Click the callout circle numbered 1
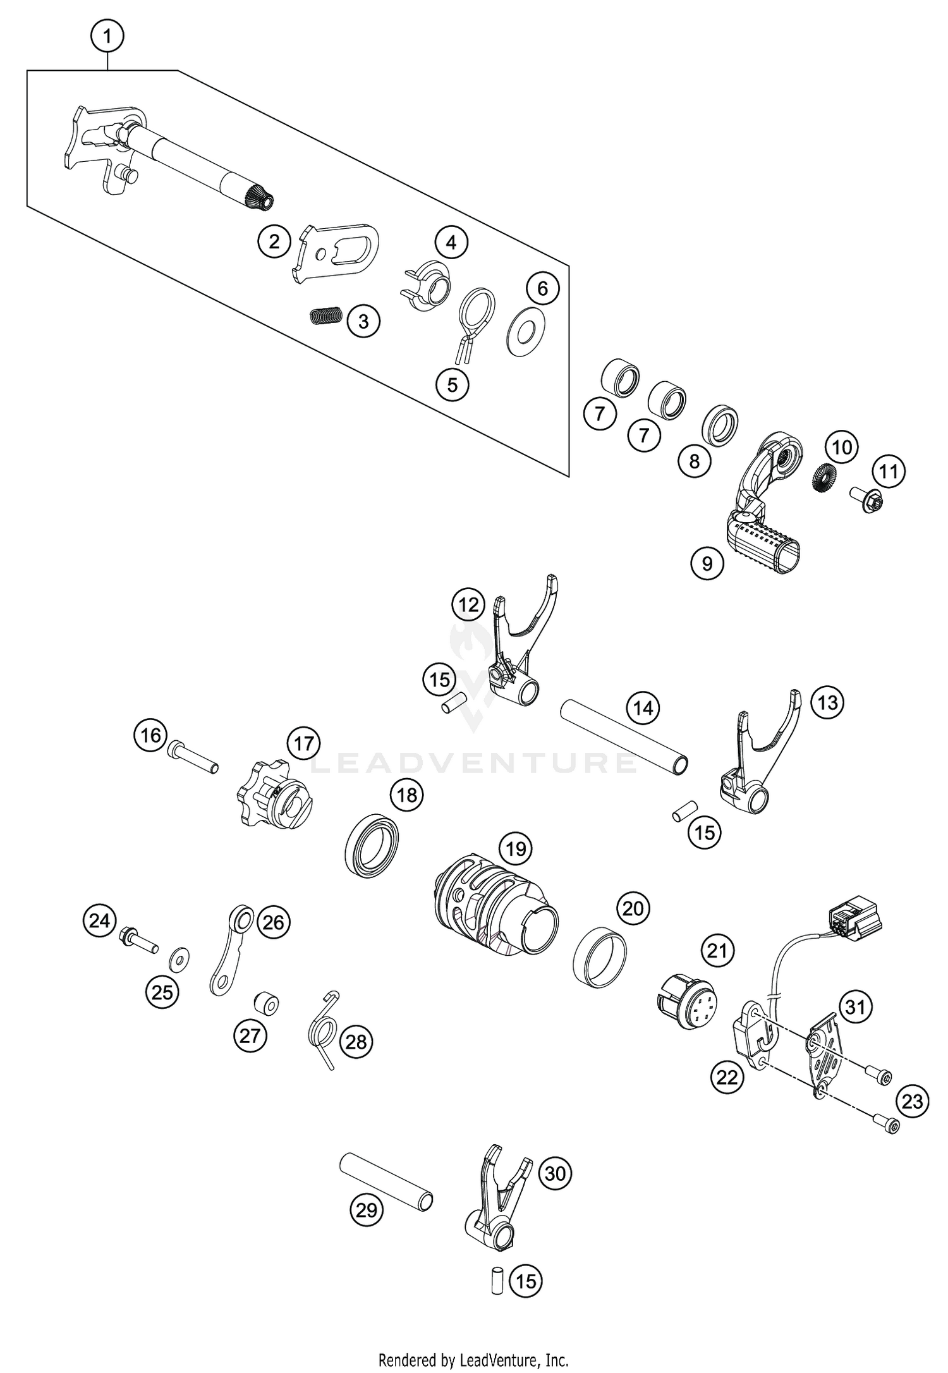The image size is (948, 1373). tap(107, 37)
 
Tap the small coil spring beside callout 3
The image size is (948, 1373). tap(327, 315)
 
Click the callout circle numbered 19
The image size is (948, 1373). tap(516, 848)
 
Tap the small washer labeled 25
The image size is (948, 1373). tap(176, 961)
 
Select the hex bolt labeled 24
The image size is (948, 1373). tap(138, 936)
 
